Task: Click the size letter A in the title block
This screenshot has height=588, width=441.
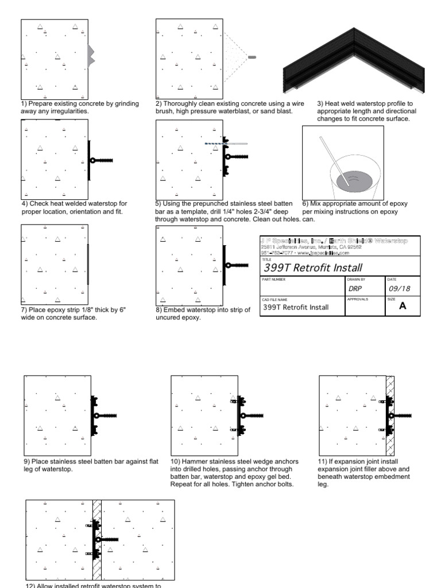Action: tap(402, 307)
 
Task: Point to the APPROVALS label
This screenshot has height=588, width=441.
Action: tap(358, 299)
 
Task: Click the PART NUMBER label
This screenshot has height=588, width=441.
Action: tap(273, 279)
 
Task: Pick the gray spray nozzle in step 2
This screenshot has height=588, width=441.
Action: tap(252, 57)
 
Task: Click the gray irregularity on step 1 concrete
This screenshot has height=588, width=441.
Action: tap(90, 55)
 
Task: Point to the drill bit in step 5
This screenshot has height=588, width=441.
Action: tap(214, 144)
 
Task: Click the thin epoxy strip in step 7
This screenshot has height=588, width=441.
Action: tap(88, 264)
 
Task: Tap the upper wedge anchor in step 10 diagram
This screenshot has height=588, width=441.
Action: tap(235, 402)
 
